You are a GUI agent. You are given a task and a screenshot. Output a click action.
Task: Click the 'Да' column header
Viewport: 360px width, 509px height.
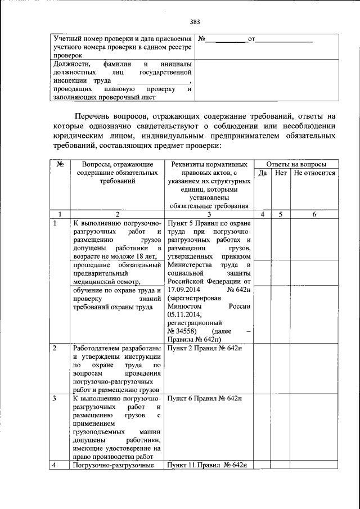click(262, 173)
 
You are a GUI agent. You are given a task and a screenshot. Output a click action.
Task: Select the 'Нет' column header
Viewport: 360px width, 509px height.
click(281, 173)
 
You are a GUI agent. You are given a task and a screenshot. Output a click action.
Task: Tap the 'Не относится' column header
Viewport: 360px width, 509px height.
click(314, 173)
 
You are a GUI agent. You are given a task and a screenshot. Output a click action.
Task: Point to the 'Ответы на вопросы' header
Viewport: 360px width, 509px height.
click(295, 164)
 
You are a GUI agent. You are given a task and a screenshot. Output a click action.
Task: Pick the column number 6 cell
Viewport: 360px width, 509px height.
click(314, 214)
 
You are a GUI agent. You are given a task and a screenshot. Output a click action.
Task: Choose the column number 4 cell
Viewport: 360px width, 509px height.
click(262, 214)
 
